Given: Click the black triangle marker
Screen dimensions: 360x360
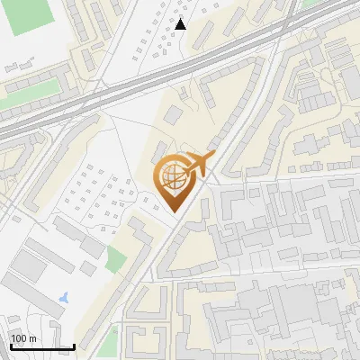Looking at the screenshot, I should pyautogui.click(x=181, y=24).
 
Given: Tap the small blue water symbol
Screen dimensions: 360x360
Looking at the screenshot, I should pyautogui.click(x=62, y=297).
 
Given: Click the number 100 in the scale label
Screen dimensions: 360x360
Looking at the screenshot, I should pyautogui.click(x=19, y=338).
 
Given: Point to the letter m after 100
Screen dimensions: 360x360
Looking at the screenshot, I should pyautogui.click(x=31, y=338).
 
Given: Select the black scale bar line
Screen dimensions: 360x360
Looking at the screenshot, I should pyautogui.click(x=41, y=346).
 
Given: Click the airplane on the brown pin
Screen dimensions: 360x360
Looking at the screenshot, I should pyautogui.click(x=193, y=166).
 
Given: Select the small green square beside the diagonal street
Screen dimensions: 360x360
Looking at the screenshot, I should pyautogui.click(x=114, y=259).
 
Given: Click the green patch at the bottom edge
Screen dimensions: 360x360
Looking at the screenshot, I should pyautogui.click(x=110, y=342).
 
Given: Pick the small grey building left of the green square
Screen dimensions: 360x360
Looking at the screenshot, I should pyautogui.click(x=88, y=267).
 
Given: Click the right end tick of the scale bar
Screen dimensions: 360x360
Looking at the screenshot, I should pyautogui.click(x=74, y=346).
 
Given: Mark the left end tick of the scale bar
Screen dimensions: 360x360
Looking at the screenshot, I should pyautogui.click(x=10, y=346).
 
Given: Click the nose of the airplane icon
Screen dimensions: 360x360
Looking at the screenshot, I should pyautogui.click(x=214, y=157).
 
